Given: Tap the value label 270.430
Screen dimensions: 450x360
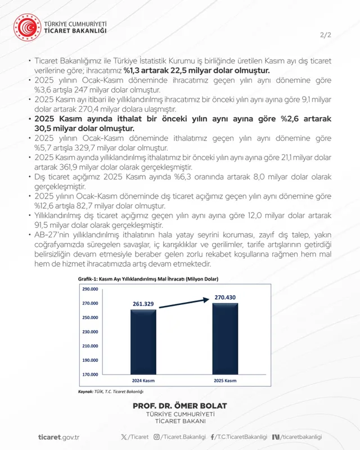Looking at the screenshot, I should (x=225, y=297).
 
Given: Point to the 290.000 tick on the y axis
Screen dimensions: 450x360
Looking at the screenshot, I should (x=90, y=289).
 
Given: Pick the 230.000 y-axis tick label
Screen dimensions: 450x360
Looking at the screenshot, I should (x=90, y=332).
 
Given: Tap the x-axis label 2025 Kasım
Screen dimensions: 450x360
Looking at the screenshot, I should (x=224, y=381).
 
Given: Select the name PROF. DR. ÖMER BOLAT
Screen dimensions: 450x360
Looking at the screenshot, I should (x=180, y=406).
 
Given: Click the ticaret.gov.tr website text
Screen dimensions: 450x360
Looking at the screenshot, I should (x=59, y=437).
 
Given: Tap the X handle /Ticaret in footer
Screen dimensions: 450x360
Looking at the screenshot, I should (x=135, y=437).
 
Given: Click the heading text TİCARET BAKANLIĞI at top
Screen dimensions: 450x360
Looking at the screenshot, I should (x=76, y=31).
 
